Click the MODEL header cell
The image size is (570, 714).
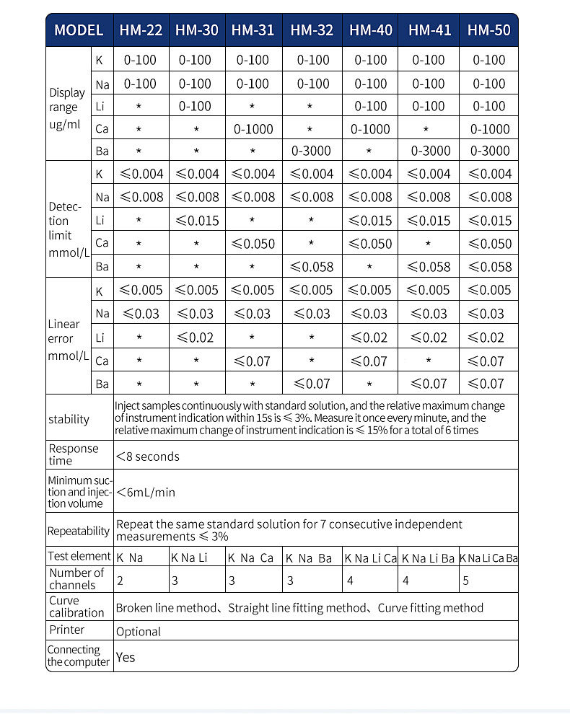point(79,30)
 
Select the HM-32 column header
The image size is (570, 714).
point(312,30)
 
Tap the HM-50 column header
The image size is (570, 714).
point(488,30)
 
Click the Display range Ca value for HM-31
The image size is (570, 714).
point(253,129)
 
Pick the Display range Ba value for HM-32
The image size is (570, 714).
point(312,151)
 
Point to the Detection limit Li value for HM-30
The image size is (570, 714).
point(198,220)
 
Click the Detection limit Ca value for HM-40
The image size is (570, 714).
point(371,243)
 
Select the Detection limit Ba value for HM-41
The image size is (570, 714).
point(429,267)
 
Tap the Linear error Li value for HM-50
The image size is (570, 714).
point(488,337)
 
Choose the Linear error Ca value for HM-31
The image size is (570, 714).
point(253,360)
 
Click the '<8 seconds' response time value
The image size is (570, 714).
point(148,457)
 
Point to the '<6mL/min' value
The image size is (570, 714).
point(146,493)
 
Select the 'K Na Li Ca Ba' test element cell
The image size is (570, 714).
point(488,557)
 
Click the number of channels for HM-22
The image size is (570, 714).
point(120,580)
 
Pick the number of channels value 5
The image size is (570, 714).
point(464,580)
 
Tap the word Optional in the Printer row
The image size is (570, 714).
point(139,631)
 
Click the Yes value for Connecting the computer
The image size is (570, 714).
point(126,657)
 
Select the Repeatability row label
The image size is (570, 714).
point(79,532)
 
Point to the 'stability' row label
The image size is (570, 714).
point(69,420)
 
